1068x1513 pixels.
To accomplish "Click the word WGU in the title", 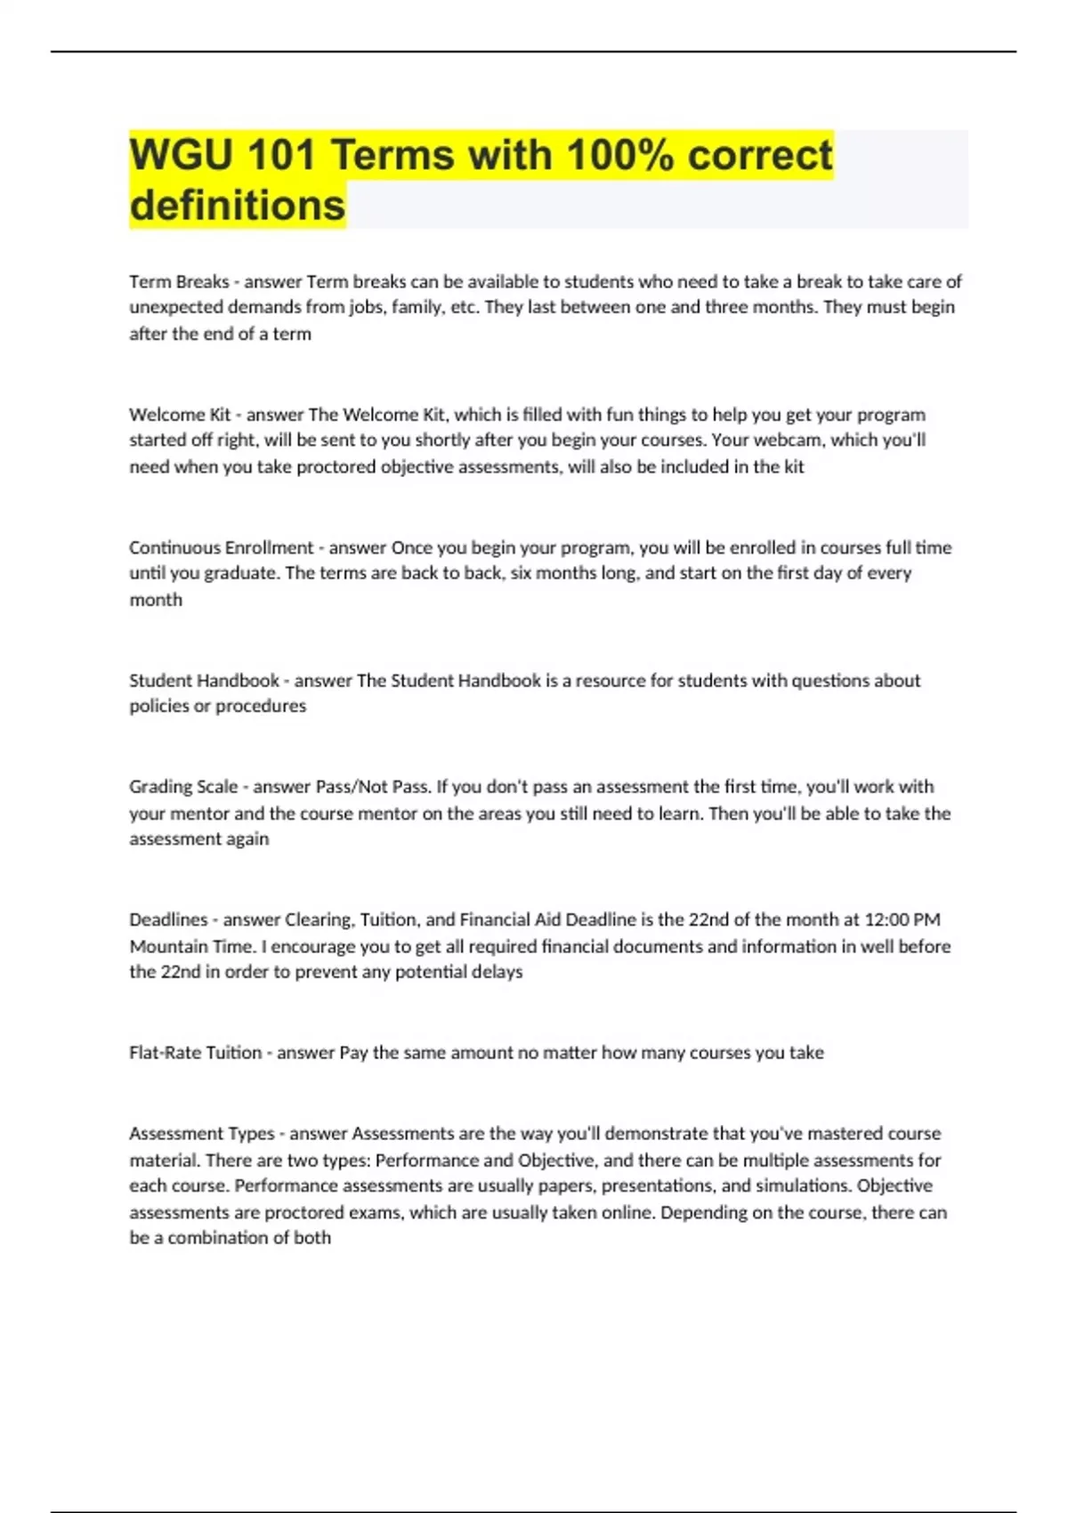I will [x=179, y=155].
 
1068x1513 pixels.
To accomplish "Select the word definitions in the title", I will [x=237, y=206].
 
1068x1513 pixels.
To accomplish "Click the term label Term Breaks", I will [x=179, y=282].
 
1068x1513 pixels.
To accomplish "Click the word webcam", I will [x=788, y=441].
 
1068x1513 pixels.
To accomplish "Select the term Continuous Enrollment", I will [x=221, y=547].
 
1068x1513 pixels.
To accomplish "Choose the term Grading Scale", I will [x=183, y=787].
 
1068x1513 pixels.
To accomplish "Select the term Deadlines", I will [x=167, y=919].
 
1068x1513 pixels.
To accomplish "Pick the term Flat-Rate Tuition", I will [x=195, y=1053].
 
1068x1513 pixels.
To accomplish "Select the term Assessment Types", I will [x=201, y=1134].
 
